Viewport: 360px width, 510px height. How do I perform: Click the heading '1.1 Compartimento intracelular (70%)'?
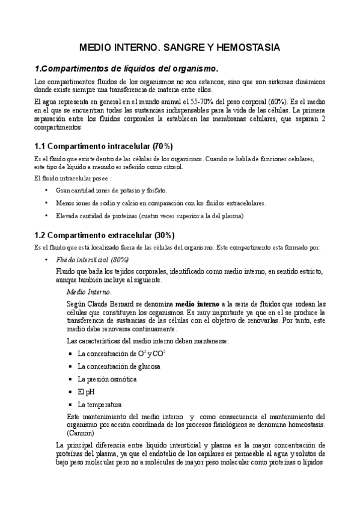103,146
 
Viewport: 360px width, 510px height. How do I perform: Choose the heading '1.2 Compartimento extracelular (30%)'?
105,235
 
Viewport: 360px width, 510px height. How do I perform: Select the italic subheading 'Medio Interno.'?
89,292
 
